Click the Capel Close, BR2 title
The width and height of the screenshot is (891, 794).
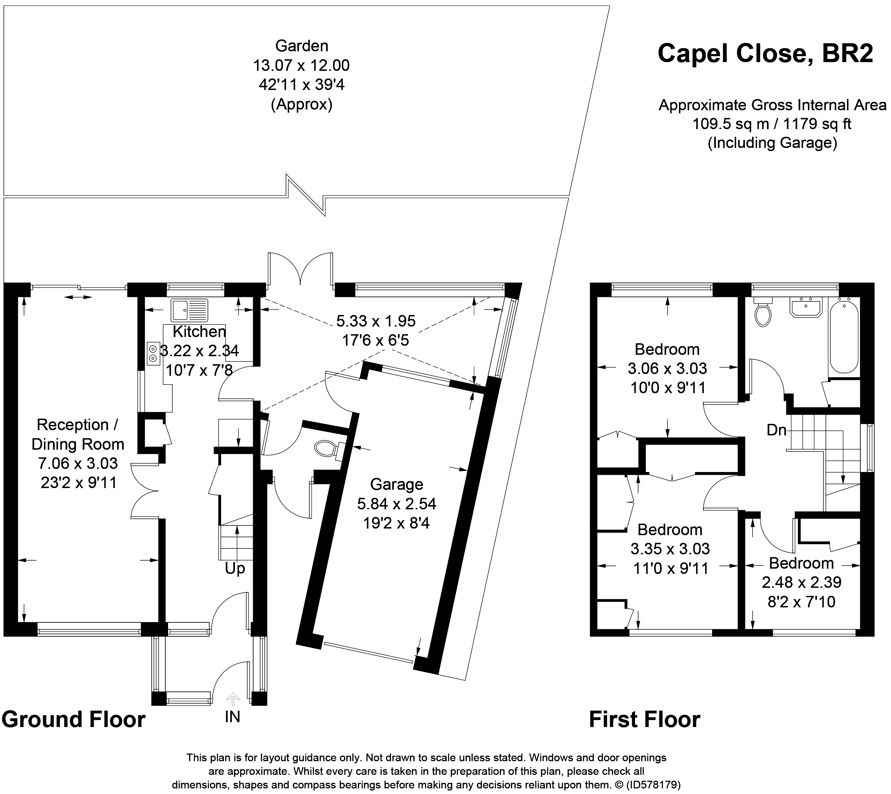(x=765, y=54)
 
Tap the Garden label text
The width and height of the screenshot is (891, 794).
(x=302, y=46)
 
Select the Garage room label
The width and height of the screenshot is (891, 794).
(x=397, y=484)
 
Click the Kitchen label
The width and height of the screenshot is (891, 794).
(x=199, y=331)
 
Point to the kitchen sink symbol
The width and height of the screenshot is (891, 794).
(x=189, y=310)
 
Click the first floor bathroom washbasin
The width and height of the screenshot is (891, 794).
(x=806, y=307)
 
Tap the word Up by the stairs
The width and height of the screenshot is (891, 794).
(x=235, y=568)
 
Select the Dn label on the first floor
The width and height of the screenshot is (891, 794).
(x=776, y=430)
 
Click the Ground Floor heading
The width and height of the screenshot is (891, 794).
(x=74, y=719)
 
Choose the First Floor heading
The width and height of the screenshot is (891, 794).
(x=644, y=719)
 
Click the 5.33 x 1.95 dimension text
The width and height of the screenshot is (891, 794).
(x=376, y=321)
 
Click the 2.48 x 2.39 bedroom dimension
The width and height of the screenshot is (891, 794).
(x=802, y=582)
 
